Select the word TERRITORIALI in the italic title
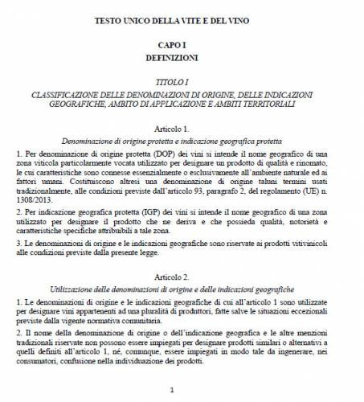[x=292, y=105]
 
